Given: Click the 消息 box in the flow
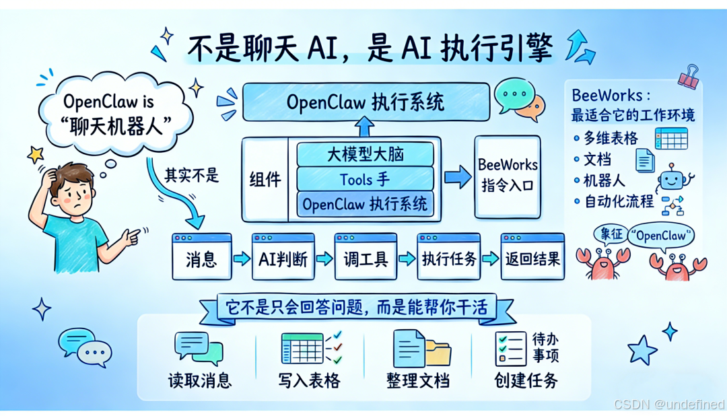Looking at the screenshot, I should [x=202, y=258].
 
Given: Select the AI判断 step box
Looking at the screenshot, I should [x=283, y=258].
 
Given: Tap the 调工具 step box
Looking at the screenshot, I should [x=366, y=258].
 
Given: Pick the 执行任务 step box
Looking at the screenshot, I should [x=449, y=258].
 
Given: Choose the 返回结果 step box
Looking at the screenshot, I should [x=532, y=258].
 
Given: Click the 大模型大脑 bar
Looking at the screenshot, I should [x=365, y=154].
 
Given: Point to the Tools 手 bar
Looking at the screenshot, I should [x=365, y=179].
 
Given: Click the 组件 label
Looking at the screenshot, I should [x=265, y=180].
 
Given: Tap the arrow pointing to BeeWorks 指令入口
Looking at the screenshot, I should [x=458, y=178].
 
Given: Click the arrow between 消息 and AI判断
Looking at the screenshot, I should [x=242, y=258].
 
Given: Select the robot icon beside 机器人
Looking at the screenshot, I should [x=674, y=179].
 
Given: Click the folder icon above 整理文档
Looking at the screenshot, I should [x=438, y=353].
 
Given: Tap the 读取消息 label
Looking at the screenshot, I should [x=199, y=380].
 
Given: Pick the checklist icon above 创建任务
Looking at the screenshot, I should [x=510, y=349].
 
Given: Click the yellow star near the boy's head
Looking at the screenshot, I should [x=35, y=155].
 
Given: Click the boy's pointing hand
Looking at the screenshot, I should [x=133, y=236].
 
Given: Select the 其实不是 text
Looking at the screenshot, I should [x=192, y=176].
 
